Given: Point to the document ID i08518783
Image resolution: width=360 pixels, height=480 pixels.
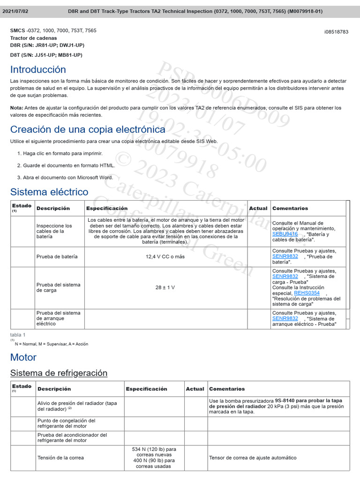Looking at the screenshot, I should coord(336,32).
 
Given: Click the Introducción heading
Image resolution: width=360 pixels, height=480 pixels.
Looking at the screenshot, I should coord(38,69).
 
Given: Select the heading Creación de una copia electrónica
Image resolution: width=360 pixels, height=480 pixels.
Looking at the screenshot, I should coord(88,129).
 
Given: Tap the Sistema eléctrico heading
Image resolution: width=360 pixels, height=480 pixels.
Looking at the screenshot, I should coord(49,192).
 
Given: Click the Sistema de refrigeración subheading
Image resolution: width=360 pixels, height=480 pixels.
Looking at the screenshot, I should coord(59,373).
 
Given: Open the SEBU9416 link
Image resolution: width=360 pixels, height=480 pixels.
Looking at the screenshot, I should coord(285,234).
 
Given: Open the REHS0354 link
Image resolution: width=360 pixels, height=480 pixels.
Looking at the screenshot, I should coord(307,293).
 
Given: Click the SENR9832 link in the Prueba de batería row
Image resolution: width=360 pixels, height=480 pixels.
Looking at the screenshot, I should coord(285,256).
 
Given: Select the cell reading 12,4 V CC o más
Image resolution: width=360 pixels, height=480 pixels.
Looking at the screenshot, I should coord(165,257).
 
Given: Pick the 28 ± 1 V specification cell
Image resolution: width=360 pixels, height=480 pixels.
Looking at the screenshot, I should coord(165,287).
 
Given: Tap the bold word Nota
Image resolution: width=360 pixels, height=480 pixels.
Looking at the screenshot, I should coord(16,108).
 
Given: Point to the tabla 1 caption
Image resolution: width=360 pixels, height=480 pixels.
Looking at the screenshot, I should coord(18,335).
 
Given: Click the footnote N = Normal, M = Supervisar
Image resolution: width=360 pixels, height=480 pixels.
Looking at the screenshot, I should coord(51,344).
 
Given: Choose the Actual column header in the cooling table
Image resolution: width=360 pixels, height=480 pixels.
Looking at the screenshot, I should coord(195,389).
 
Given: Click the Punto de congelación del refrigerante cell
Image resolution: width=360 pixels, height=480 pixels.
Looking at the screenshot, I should coord(66,423).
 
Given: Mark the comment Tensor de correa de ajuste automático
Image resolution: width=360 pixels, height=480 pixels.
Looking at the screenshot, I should coord(253,457).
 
